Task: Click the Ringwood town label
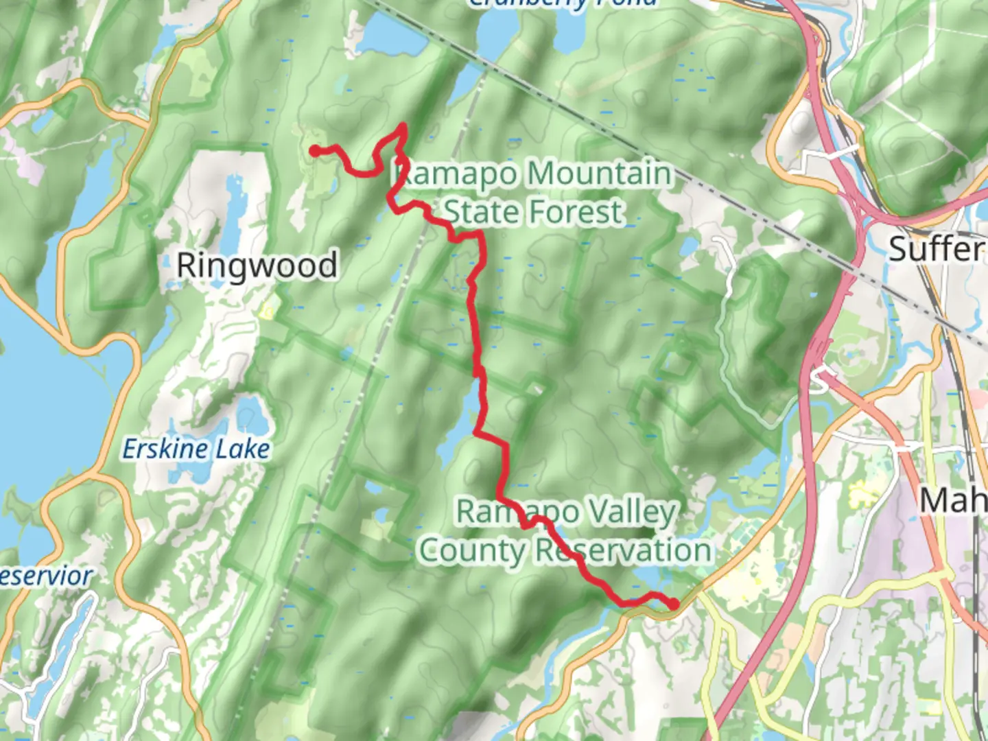(x=257, y=266)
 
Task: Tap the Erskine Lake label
(x=196, y=449)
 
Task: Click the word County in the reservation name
(x=471, y=550)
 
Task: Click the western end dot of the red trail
(x=314, y=150)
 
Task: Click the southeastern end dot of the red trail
(x=674, y=604)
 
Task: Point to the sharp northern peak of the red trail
(x=403, y=126)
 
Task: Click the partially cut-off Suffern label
(x=937, y=248)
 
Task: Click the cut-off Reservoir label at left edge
(x=45, y=576)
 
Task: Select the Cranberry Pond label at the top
(x=563, y=3)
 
